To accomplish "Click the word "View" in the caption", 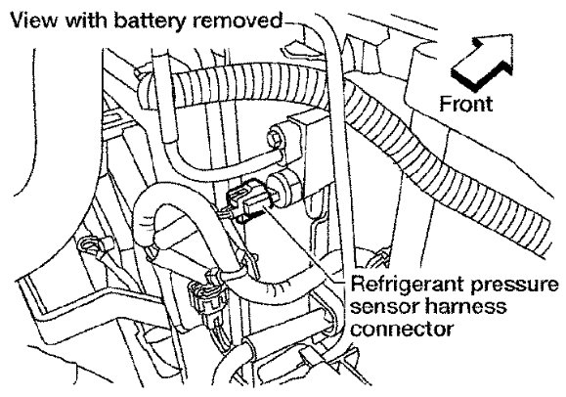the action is [x=33, y=21].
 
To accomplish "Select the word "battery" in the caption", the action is [x=151, y=21].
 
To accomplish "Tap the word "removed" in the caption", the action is [x=238, y=21].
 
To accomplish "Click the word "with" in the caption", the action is [x=85, y=20].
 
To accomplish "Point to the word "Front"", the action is [x=465, y=104].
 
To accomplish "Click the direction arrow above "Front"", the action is [x=482, y=62].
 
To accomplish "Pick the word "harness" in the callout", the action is [x=465, y=306].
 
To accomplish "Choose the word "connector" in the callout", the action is [x=402, y=330].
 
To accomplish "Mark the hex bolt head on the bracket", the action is [x=278, y=137].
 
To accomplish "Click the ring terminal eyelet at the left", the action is [x=90, y=247].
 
